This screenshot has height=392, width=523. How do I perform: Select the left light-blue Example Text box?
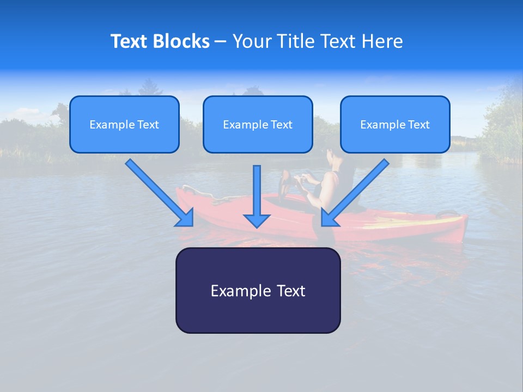(x=124, y=124)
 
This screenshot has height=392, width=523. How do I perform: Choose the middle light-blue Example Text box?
(x=258, y=124)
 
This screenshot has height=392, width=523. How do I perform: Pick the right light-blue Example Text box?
(x=395, y=124)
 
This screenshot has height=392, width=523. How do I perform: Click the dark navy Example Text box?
(x=258, y=290)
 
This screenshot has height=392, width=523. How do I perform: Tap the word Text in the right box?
(x=418, y=125)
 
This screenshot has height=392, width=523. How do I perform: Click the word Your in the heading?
(x=250, y=41)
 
